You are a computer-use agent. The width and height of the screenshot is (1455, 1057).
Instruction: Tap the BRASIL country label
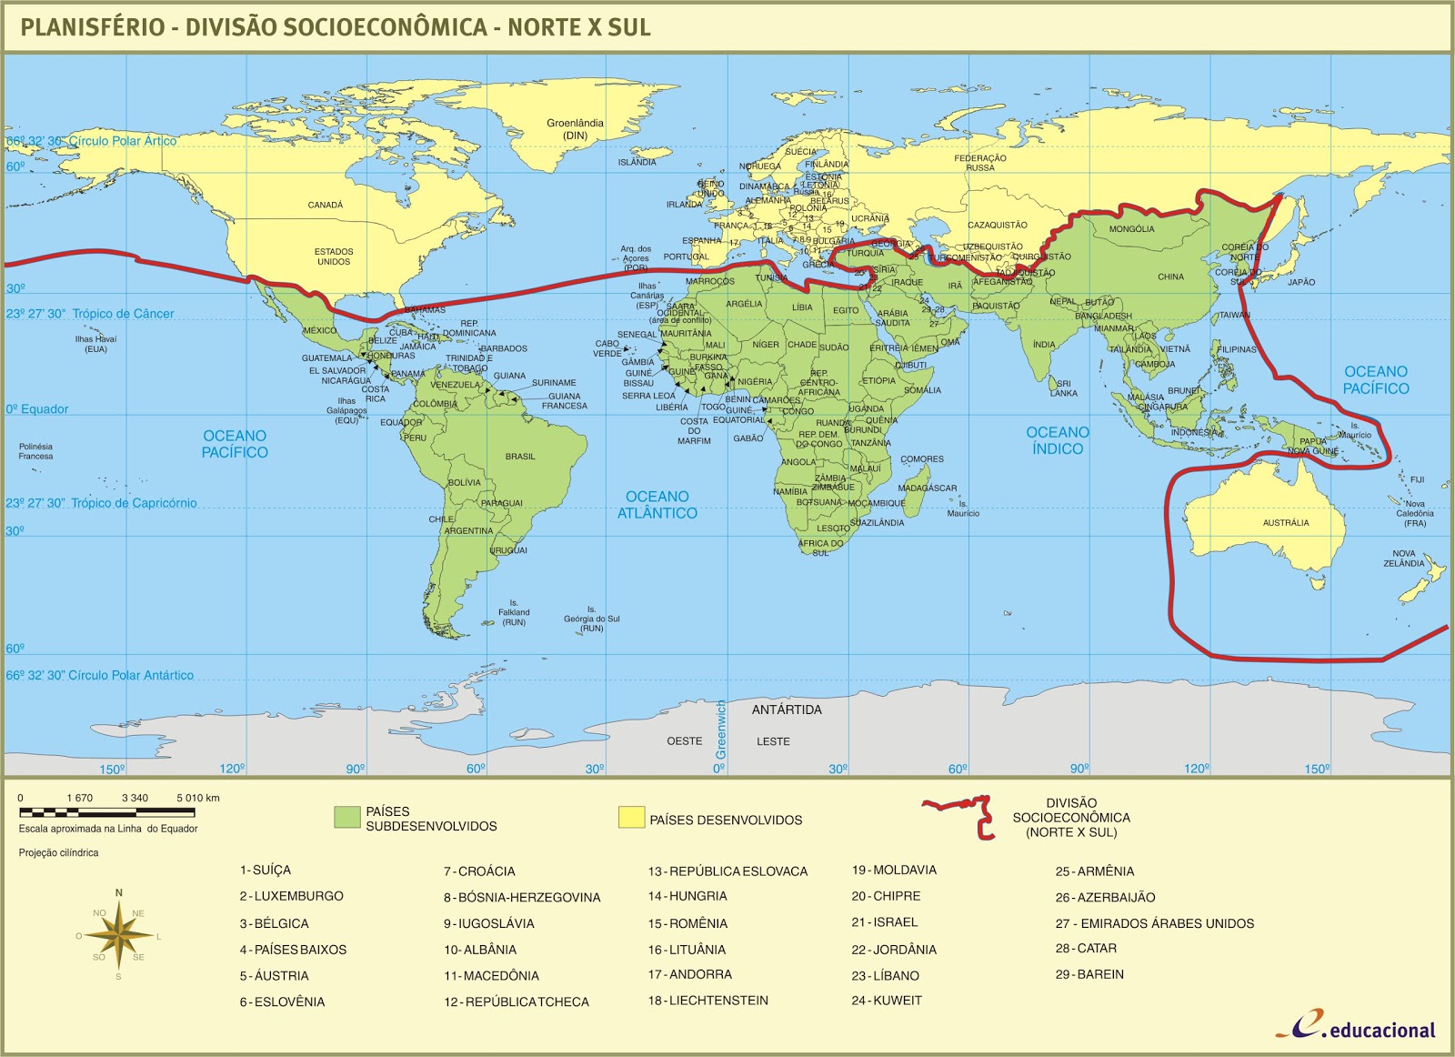pyautogui.click(x=520, y=457)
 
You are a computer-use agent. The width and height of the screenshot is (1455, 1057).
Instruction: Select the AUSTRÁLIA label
pyautogui.click(x=1286, y=523)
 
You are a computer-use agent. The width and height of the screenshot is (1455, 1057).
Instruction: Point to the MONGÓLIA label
pyautogui.click(x=1131, y=229)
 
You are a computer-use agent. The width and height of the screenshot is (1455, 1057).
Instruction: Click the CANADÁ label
pyautogui.click(x=326, y=206)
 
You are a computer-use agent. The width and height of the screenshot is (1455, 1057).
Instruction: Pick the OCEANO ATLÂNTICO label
pyautogui.click(x=657, y=505)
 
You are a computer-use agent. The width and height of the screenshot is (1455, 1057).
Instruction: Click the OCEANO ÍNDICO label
pyautogui.click(x=1057, y=440)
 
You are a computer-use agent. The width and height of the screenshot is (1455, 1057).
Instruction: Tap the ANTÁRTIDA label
pyautogui.click(x=786, y=710)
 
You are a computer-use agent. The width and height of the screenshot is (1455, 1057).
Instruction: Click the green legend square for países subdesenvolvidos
pyautogui.click(x=347, y=817)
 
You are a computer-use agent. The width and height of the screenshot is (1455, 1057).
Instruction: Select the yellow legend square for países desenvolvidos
pyautogui.click(x=631, y=817)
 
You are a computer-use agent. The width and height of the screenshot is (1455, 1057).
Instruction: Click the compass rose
pyautogui.click(x=118, y=935)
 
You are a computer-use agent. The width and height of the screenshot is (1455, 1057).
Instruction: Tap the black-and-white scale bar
pyautogui.click(x=106, y=812)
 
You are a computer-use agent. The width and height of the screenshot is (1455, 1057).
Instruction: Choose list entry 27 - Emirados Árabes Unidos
pyautogui.click(x=1154, y=923)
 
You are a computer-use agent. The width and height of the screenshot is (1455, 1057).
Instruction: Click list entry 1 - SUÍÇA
pyautogui.click(x=266, y=871)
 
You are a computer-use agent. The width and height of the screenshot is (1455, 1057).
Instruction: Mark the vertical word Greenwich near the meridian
pyautogui.click(x=721, y=730)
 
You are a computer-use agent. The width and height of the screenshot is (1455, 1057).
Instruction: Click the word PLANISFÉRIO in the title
pyautogui.click(x=93, y=27)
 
